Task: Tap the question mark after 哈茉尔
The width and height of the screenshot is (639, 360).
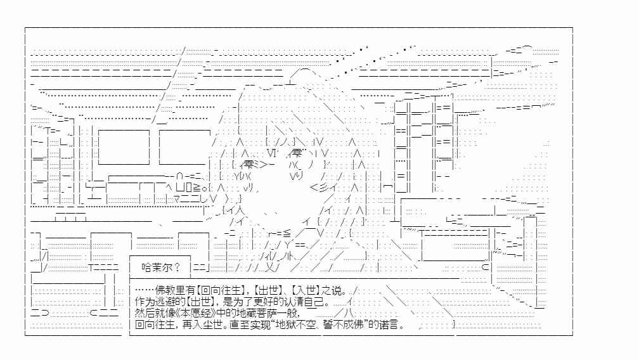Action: (x=177, y=267)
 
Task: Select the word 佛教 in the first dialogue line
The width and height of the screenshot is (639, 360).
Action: (x=165, y=290)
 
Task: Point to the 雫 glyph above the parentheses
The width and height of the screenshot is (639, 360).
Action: (x=297, y=153)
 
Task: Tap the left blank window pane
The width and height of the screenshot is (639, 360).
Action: (x=124, y=147)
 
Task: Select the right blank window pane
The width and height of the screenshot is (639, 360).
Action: (x=184, y=147)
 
